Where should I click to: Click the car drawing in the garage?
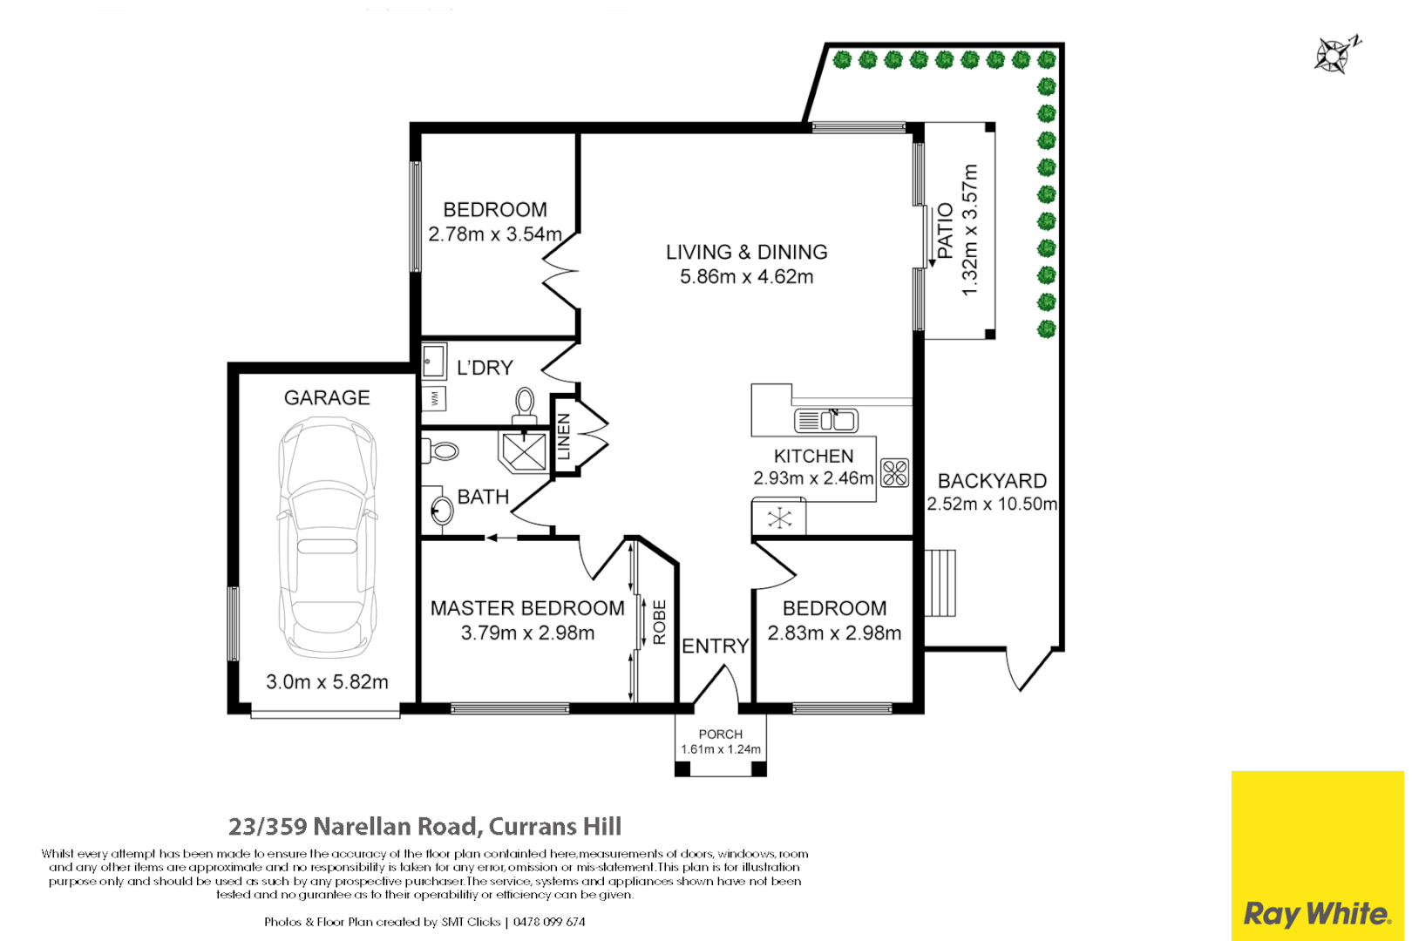(x=327, y=538)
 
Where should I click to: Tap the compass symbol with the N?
(x=1335, y=55)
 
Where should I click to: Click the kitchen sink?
(x=825, y=420)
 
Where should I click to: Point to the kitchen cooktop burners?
(x=894, y=473)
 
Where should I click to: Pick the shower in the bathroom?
(x=523, y=451)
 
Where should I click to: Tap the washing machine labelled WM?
(x=434, y=398)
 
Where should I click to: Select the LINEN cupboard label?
(x=564, y=437)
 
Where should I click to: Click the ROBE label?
(x=659, y=622)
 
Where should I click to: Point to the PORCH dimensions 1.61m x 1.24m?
(x=721, y=749)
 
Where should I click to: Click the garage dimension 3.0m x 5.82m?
(x=327, y=681)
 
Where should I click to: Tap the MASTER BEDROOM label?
(x=527, y=608)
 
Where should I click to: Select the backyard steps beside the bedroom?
(x=940, y=583)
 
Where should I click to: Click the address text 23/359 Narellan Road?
(x=352, y=826)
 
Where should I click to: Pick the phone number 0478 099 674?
(x=549, y=922)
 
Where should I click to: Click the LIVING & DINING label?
(x=747, y=252)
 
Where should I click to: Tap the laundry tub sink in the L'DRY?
(x=434, y=361)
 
